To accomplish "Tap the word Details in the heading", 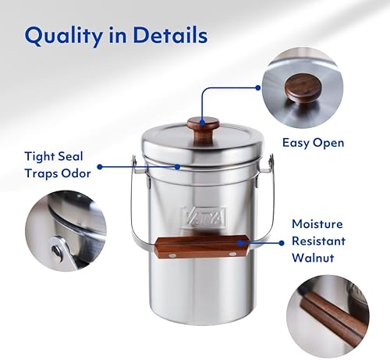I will pyautogui.click(x=173, y=36).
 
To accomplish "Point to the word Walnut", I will pyautogui.click(x=318, y=255).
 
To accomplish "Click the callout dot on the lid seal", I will pyautogui.click(x=177, y=166).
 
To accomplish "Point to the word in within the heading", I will pyautogui.click(x=125, y=36).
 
